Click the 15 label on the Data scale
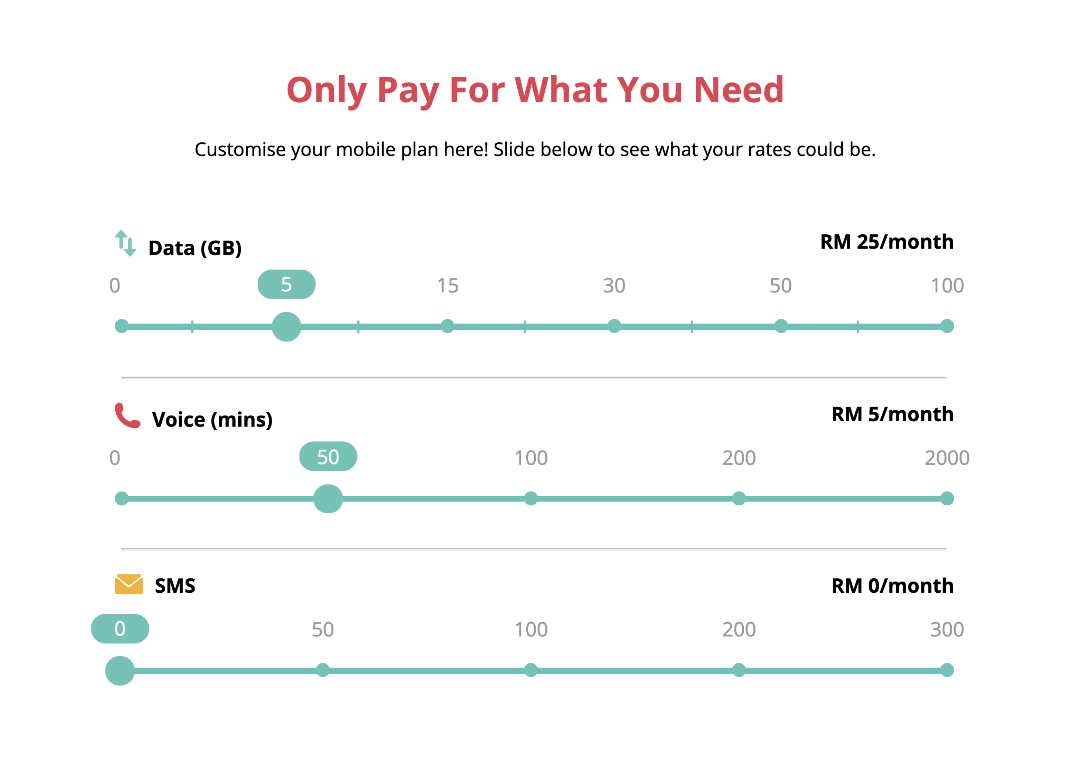pyautogui.click(x=447, y=286)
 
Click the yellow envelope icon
pyautogui.click(x=129, y=584)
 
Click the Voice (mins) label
pyautogui.click(x=212, y=419)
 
